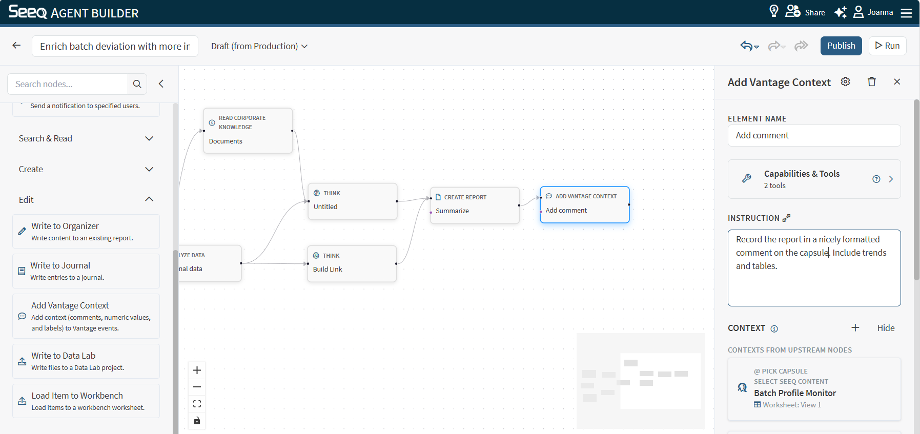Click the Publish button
tap(841, 46)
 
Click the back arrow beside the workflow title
tap(16, 46)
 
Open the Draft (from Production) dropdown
tap(259, 46)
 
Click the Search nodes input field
tap(68, 84)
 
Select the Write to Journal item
tap(86, 271)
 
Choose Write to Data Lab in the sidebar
tap(86, 361)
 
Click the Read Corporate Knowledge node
tap(248, 131)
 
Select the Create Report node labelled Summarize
tap(475, 205)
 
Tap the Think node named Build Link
tap(352, 263)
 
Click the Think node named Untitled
tap(353, 201)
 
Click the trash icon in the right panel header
tap(872, 82)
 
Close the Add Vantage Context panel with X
tap(897, 82)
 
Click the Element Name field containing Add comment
tap(814, 136)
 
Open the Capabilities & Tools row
tap(814, 179)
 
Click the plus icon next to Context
tap(855, 328)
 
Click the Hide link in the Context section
tap(886, 328)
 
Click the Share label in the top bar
tap(815, 12)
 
